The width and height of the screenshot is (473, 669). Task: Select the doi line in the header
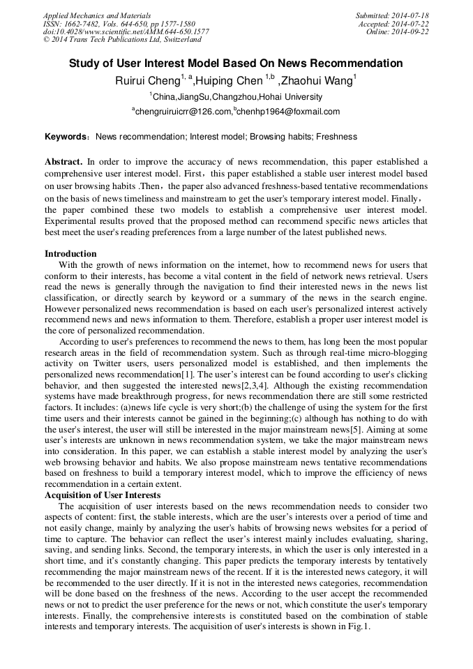point(126,32)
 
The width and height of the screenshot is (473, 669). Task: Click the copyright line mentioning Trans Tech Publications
point(122,40)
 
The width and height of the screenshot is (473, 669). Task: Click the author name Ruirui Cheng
point(147,81)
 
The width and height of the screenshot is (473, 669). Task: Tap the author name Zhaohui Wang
point(317,81)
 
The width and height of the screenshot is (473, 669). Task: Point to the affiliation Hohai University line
point(227,97)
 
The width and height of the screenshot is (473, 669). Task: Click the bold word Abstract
point(63,162)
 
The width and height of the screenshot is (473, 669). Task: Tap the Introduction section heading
point(70,253)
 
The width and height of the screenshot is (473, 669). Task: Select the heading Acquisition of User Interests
point(103,495)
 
